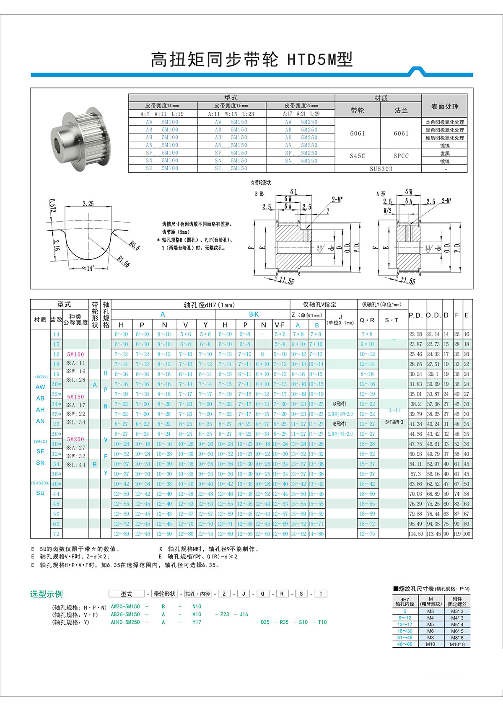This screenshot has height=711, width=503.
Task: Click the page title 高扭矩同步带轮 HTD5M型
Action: click(251, 59)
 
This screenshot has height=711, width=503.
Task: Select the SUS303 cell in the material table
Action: click(381, 169)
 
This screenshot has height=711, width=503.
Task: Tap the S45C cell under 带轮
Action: click(358, 156)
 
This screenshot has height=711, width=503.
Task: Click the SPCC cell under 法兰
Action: click(401, 156)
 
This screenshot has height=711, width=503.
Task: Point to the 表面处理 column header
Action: click(445, 106)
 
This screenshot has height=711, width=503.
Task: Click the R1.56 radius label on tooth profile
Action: click(124, 262)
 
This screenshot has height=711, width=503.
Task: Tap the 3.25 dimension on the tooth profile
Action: click(88, 204)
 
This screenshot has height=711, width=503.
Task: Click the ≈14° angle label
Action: click(88, 268)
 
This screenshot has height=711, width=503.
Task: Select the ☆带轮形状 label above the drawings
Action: click(261, 183)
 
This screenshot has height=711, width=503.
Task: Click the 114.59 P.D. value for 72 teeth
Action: click(416, 534)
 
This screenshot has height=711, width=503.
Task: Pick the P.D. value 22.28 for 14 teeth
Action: click(416, 334)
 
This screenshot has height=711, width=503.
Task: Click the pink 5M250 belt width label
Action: click(76, 439)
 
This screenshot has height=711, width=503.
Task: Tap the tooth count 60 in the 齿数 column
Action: click(56, 524)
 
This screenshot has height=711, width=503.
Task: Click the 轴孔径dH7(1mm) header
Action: click(209, 305)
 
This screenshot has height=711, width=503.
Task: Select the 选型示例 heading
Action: click(46, 594)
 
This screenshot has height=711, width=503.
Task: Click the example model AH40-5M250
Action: click(125, 622)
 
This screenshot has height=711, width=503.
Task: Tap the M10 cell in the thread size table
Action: click(430, 644)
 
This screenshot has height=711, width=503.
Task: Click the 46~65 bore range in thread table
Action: click(405, 644)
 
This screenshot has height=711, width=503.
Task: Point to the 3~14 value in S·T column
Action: click(394, 411)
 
